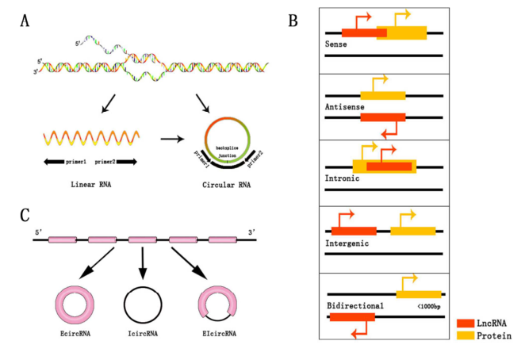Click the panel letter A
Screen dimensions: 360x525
pos(26,21)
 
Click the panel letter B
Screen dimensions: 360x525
pos(293,21)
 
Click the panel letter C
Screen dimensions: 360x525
pos(25,216)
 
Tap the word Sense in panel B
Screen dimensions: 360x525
pos(336,44)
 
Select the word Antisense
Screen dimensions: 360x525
pos(343,106)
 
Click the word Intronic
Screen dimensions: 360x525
pos(343,178)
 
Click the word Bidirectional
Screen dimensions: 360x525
pos(354,304)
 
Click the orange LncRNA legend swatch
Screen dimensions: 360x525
pos(466,324)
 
